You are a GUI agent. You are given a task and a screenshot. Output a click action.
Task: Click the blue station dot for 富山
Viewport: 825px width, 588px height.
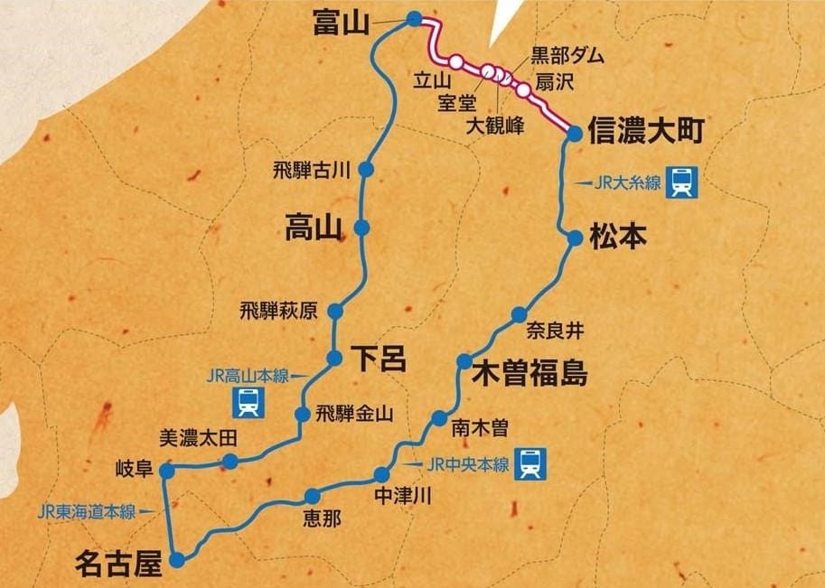415,18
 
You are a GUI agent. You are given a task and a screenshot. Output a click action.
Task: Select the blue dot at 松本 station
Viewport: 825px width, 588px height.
574,238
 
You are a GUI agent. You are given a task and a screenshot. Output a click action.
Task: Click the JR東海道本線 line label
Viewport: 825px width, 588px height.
87,512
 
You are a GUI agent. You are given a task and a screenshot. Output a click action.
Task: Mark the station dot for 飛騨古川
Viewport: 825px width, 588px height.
366,169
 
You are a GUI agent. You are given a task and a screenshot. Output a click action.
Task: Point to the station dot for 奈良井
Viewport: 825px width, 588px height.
519,314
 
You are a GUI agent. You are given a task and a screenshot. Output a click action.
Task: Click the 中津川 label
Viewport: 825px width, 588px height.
403,496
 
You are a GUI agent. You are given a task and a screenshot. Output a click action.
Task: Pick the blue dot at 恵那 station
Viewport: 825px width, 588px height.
312,496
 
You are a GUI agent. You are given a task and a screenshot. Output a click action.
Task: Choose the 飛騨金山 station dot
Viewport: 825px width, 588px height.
304,414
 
